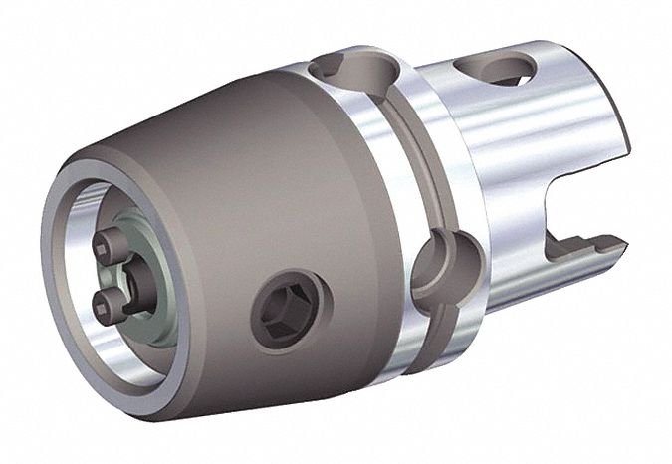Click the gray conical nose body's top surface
click(219, 119)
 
